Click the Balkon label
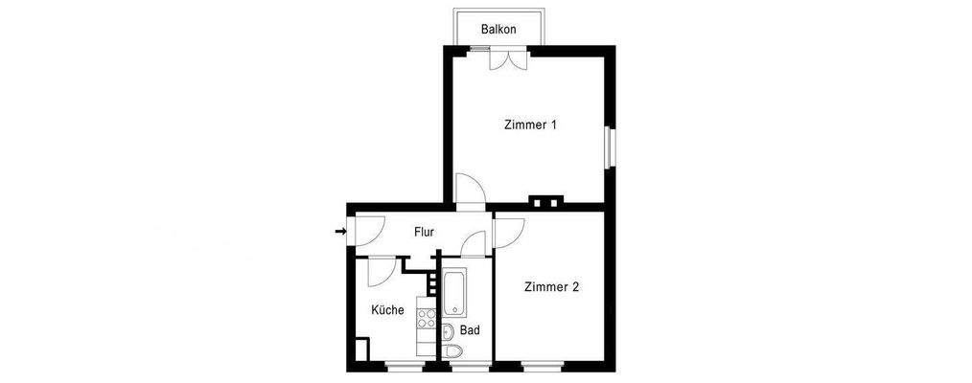pyautogui.click(x=498, y=30)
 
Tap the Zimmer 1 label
pyautogui.click(x=530, y=124)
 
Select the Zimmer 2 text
pyautogui.click(x=551, y=286)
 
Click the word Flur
pyautogui.click(x=425, y=232)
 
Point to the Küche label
pyautogui.click(x=387, y=309)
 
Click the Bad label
pyautogui.click(x=470, y=330)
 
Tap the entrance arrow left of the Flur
pyautogui.click(x=340, y=231)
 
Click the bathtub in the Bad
pyautogui.click(x=453, y=295)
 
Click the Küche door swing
pyautogui.click(x=380, y=271)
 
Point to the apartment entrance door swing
pyautogui.click(x=367, y=230)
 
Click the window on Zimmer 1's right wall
pyautogui.click(x=608, y=146)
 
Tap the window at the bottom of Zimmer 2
pyautogui.click(x=543, y=364)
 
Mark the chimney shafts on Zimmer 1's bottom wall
pyautogui.click(x=545, y=201)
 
